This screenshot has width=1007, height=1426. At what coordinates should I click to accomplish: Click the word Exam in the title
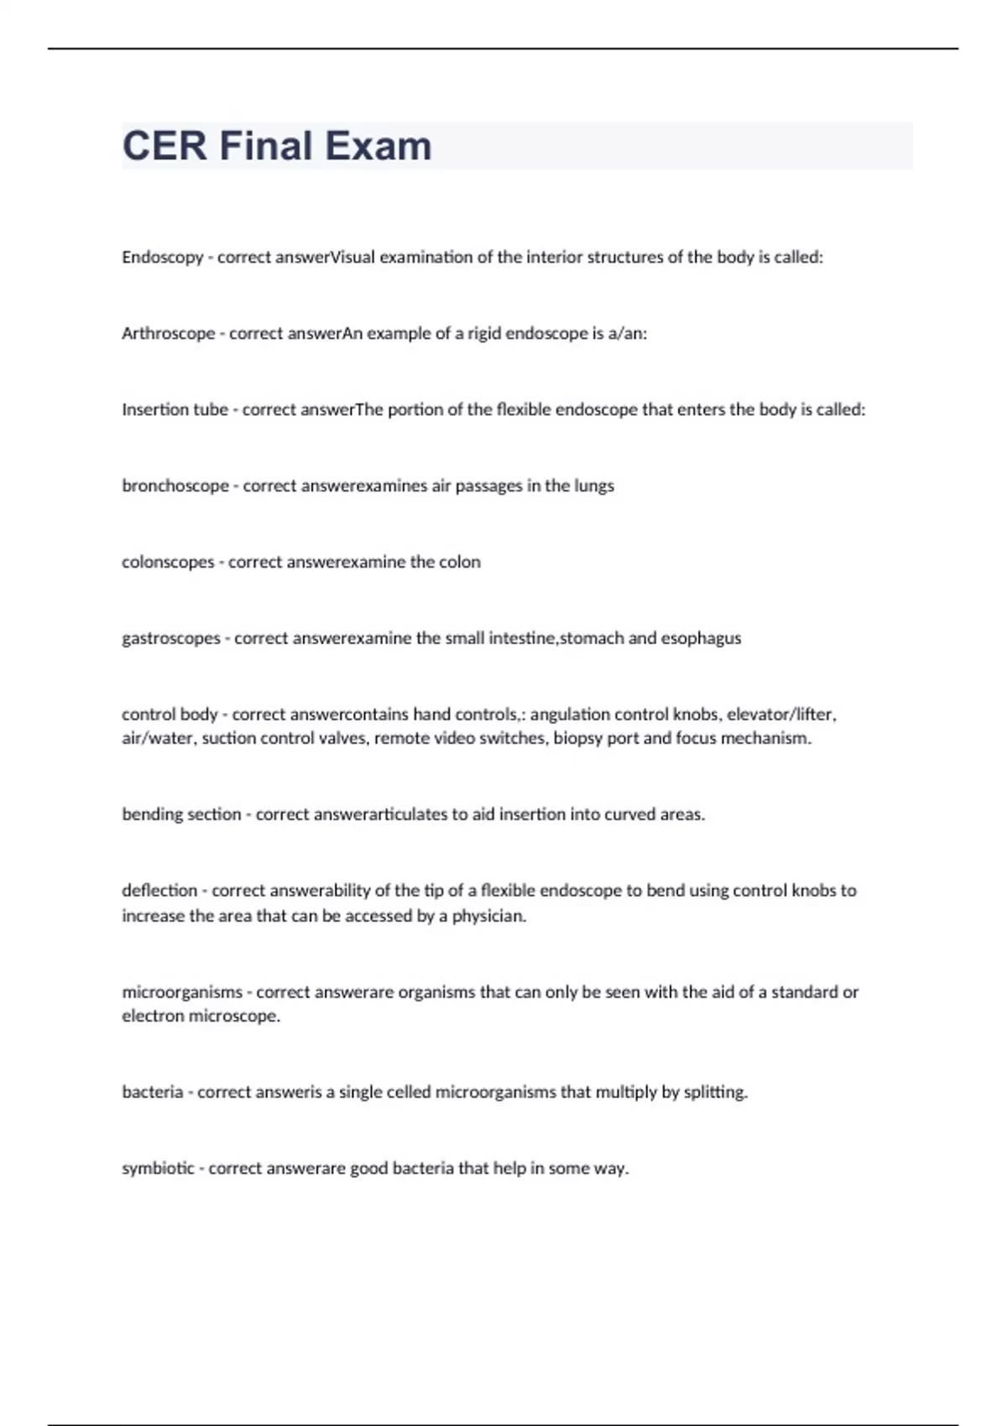click(378, 146)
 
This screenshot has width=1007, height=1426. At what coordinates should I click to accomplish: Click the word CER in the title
click(164, 146)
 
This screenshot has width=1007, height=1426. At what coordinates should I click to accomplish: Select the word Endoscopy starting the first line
click(162, 258)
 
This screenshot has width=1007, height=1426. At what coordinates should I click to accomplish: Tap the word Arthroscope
click(168, 334)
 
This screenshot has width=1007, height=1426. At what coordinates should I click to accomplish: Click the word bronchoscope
click(175, 486)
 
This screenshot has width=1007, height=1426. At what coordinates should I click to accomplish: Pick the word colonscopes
click(168, 562)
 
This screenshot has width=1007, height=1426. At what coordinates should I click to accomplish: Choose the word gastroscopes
click(170, 638)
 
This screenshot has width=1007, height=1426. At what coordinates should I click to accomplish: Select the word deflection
click(159, 890)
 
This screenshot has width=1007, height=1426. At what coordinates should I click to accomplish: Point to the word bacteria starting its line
click(152, 1092)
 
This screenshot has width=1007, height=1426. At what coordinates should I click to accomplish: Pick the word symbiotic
click(158, 1168)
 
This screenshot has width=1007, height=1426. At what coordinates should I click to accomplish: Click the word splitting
click(715, 1092)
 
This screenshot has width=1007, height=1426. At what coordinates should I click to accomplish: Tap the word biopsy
click(577, 739)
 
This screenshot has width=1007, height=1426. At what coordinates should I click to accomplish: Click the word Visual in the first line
click(353, 258)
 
